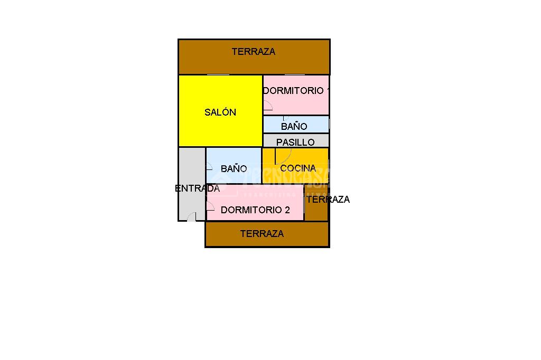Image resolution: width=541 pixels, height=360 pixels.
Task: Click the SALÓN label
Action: coord(220,112)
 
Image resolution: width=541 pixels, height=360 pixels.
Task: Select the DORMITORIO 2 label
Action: coord(255,210)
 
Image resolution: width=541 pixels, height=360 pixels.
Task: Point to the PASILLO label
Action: coord(295,142)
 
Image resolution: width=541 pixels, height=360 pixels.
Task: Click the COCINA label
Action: coord(298,168)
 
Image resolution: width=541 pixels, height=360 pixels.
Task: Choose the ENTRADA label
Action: coord(197,188)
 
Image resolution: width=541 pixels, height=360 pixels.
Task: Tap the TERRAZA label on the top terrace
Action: coord(254,52)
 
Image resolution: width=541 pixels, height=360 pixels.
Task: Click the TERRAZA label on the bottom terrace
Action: coord(262,233)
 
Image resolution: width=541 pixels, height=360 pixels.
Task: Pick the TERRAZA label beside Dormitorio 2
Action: coord(328,200)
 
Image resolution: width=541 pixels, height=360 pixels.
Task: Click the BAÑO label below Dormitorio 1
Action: coord(294,127)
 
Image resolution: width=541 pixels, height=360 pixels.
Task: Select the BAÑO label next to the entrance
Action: coord(234,169)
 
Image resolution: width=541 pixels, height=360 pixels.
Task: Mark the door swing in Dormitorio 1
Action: coord(267,106)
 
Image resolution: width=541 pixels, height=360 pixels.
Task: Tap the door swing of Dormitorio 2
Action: coord(210,206)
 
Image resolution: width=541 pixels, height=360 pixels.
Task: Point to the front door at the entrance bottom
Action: coord(191,217)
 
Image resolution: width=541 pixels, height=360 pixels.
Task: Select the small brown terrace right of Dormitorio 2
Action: coord(316,211)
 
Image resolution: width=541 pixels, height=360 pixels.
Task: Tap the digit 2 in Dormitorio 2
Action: coord(287,210)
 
